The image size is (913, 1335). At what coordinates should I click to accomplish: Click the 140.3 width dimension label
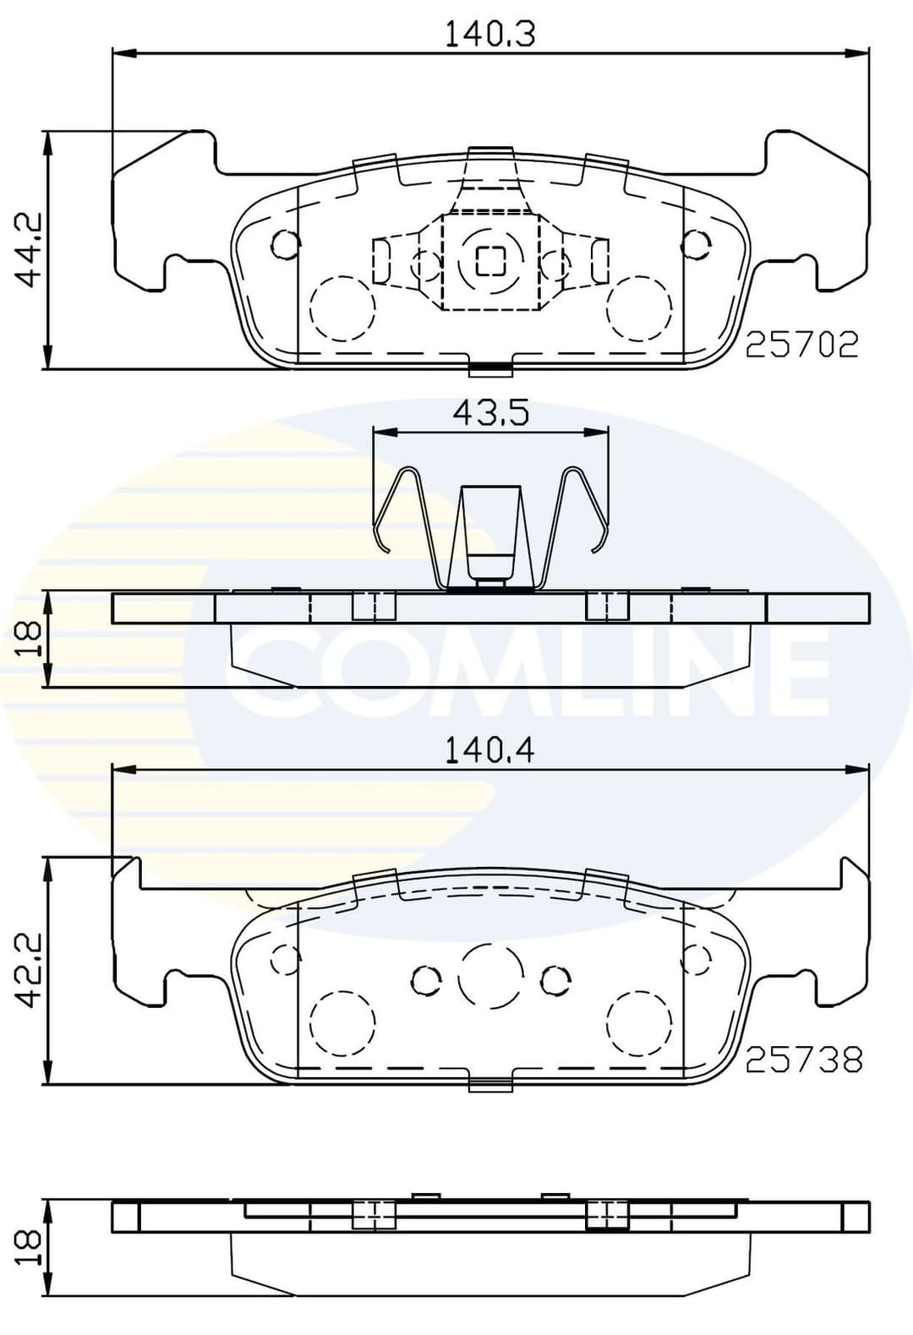coord(490,34)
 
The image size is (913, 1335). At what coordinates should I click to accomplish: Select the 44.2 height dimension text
coord(32,250)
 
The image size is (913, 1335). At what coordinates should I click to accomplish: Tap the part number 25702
coord(801,344)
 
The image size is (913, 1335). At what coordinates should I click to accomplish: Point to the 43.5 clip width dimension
coord(490,413)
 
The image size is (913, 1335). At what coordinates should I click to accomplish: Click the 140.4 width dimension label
coord(490,750)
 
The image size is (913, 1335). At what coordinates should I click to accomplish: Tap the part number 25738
coord(803,1060)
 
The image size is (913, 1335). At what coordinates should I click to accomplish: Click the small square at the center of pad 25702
coord(489,260)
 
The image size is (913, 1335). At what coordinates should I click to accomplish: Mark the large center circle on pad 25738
coord(489,976)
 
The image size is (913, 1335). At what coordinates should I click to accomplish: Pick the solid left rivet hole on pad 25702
coord(284,244)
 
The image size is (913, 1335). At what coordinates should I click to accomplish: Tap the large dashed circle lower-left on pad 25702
coord(342,308)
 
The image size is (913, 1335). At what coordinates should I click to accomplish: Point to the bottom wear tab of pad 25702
coord(490,368)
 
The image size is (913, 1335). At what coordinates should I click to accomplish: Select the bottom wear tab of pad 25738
coord(490,1084)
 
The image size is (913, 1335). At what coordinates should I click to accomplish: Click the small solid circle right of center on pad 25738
coord(555,979)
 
